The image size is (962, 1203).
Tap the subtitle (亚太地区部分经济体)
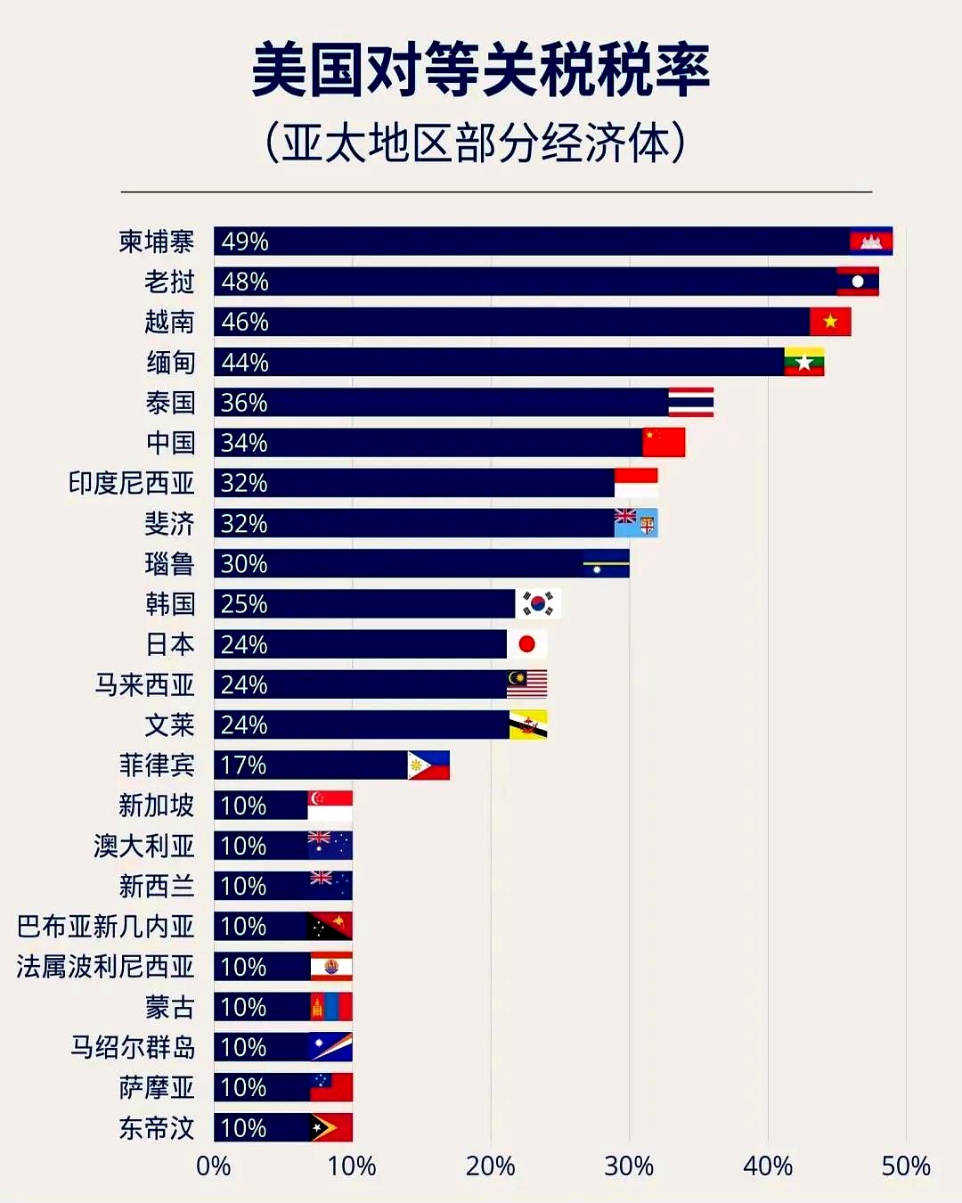476,143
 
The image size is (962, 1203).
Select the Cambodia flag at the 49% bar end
870,241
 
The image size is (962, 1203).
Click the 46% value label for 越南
245,322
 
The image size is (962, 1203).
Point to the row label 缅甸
170,363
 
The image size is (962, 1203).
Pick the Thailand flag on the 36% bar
690,403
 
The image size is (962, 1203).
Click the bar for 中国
428,443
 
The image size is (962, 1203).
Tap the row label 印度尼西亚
132,483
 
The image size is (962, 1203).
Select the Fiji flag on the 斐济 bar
636,523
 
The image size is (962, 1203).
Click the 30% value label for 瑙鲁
244,564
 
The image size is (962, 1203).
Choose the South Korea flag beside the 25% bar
537,604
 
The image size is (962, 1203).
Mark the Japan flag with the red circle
526,644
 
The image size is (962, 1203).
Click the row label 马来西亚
144,684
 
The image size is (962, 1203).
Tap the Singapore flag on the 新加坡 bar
330,806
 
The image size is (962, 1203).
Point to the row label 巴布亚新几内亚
105,927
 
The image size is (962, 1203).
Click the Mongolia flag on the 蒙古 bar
330,1007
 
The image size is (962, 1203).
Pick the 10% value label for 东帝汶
243,1128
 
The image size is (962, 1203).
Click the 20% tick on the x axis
490,1166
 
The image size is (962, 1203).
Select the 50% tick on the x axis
905,1166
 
